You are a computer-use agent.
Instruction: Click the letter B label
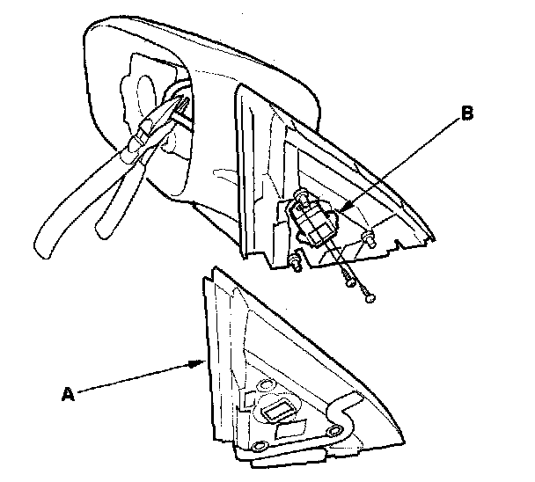tap(468, 113)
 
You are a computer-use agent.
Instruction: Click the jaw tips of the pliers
tap(187, 105)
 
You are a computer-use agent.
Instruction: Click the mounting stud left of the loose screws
tap(296, 261)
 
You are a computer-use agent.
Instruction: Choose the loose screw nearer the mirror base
tap(349, 282)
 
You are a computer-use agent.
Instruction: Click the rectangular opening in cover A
tap(277, 410)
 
